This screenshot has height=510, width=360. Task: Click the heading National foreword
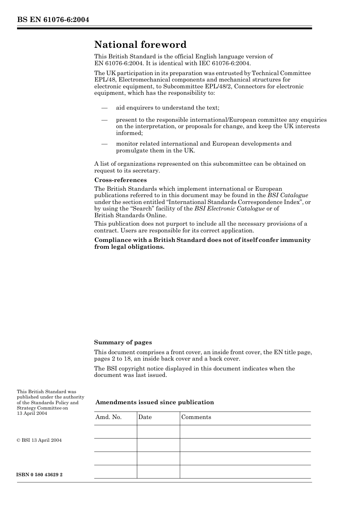click(140, 45)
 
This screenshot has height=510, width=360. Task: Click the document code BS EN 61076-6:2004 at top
click(53, 20)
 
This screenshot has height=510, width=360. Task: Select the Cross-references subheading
click(121, 180)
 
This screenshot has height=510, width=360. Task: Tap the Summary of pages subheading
click(123, 342)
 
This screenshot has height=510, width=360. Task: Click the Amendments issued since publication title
click(155, 402)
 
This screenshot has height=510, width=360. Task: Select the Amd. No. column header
click(108, 417)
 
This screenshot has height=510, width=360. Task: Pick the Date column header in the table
click(145, 417)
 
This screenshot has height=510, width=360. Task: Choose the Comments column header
click(196, 417)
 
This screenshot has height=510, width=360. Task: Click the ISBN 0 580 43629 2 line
click(40, 475)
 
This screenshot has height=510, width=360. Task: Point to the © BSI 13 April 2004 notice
click(39, 440)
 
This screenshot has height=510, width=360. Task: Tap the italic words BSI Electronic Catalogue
click(229, 209)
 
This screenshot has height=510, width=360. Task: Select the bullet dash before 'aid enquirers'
click(105, 108)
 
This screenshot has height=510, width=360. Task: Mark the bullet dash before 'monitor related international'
click(105, 144)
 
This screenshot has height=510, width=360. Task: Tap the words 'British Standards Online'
click(130, 215)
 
